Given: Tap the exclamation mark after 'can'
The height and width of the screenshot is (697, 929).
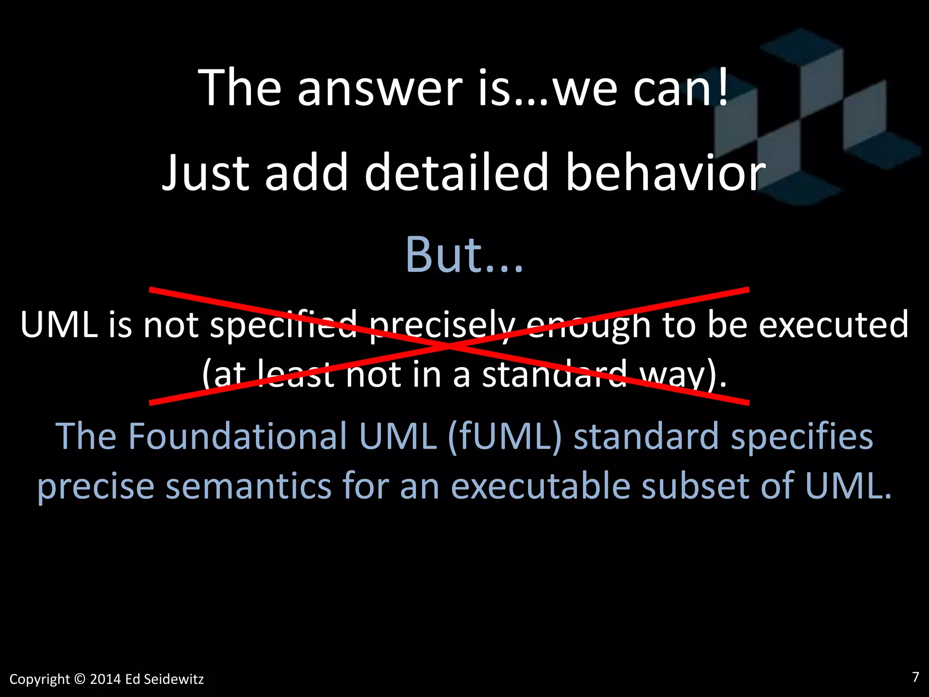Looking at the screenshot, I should [723, 86].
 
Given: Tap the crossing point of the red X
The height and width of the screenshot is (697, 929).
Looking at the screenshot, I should [449, 346].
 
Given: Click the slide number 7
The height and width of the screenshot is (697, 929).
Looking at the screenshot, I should [915, 677].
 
